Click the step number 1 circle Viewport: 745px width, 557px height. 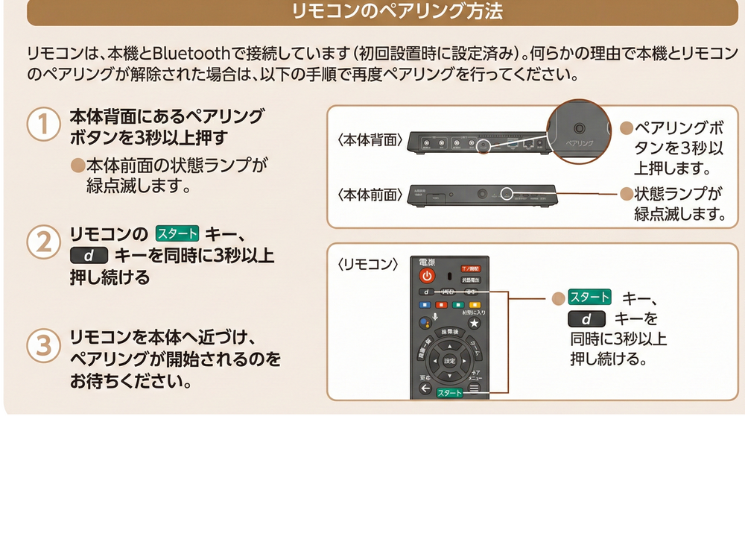pos(43,125)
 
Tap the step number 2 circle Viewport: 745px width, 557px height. pos(43,242)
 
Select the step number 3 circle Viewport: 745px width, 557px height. pos(43,345)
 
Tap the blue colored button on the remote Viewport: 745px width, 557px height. pos(425,305)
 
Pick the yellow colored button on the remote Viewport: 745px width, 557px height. pos(474,305)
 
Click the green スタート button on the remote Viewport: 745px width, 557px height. pos(450,392)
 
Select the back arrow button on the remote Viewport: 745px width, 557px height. pos(425,388)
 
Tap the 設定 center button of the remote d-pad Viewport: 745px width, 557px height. pos(449,360)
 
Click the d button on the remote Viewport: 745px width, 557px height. pos(426,292)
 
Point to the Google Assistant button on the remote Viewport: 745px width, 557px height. pos(425,323)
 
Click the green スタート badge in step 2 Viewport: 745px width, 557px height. pos(177,233)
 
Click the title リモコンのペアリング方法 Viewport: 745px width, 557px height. pos(387,12)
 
